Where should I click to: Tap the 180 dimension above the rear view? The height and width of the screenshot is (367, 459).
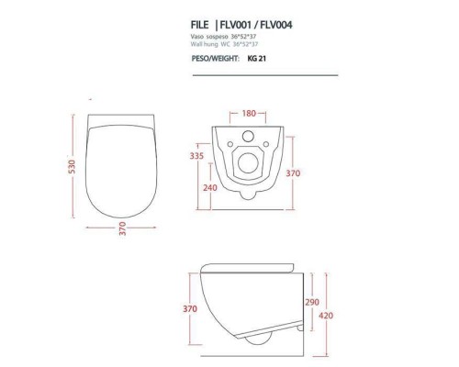coord(248,114)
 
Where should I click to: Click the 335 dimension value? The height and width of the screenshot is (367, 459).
coord(196,156)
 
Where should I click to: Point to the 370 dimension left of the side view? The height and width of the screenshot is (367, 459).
coord(189,309)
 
